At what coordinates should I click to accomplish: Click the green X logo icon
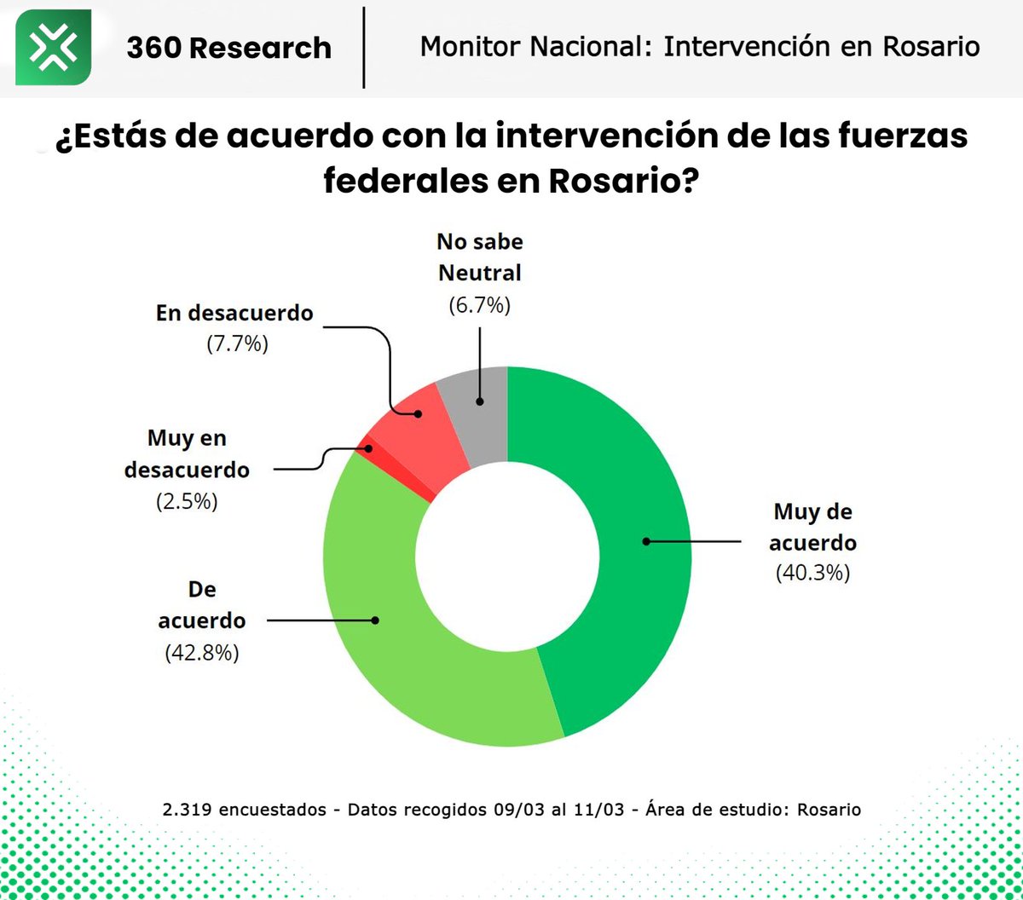pyautogui.click(x=54, y=48)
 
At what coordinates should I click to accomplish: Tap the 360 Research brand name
pyautogui.click(x=228, y=48)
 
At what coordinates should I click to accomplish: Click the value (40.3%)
pyautogui.click(x=812, y=574)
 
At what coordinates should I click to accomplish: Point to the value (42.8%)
pyautogui.click(x=201, y=653)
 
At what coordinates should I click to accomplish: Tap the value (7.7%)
pyautogui.click(x=238, y=345)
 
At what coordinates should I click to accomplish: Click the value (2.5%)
pyautogui.click(x=187, y=501)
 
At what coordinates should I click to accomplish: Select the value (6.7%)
pyautogui.click(x=479, y=306)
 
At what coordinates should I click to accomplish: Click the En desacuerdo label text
pyautogui.click(x=234, y=313)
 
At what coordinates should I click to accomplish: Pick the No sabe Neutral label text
pyautogui.click(x=479, y=257)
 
